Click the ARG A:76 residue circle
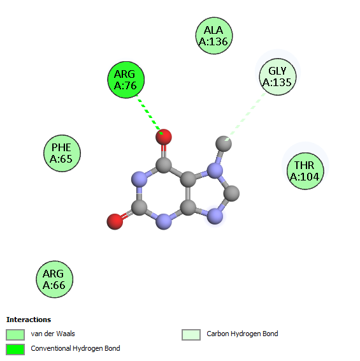[x=126, y=80]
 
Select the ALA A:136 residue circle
[x=214, y=36]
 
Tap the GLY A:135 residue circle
[x=278, y=77]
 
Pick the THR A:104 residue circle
[x=305, y=171]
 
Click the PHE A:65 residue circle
[x=62, y=153]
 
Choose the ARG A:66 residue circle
[x=55, y=279]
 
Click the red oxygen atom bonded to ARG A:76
[x=164, y=137]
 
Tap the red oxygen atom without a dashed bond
[x=115, y=221]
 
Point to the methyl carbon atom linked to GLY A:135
[x=224, y=144]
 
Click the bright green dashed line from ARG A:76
[x=150, y=114]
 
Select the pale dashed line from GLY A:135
[x=245, y=116]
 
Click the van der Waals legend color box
[x=15, y=334]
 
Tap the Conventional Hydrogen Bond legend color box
[x=15, y=350]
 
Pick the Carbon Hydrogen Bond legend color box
[x=191, y=334]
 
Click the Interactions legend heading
[x=29, y=320]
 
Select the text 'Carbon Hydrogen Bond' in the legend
[x=242, y=334]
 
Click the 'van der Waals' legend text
[x=53, y=334]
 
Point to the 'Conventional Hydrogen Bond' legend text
[x=75, y=348]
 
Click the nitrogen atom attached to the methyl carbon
[x=215, y=170]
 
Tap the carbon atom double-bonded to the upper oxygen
[x=164, y=165]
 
